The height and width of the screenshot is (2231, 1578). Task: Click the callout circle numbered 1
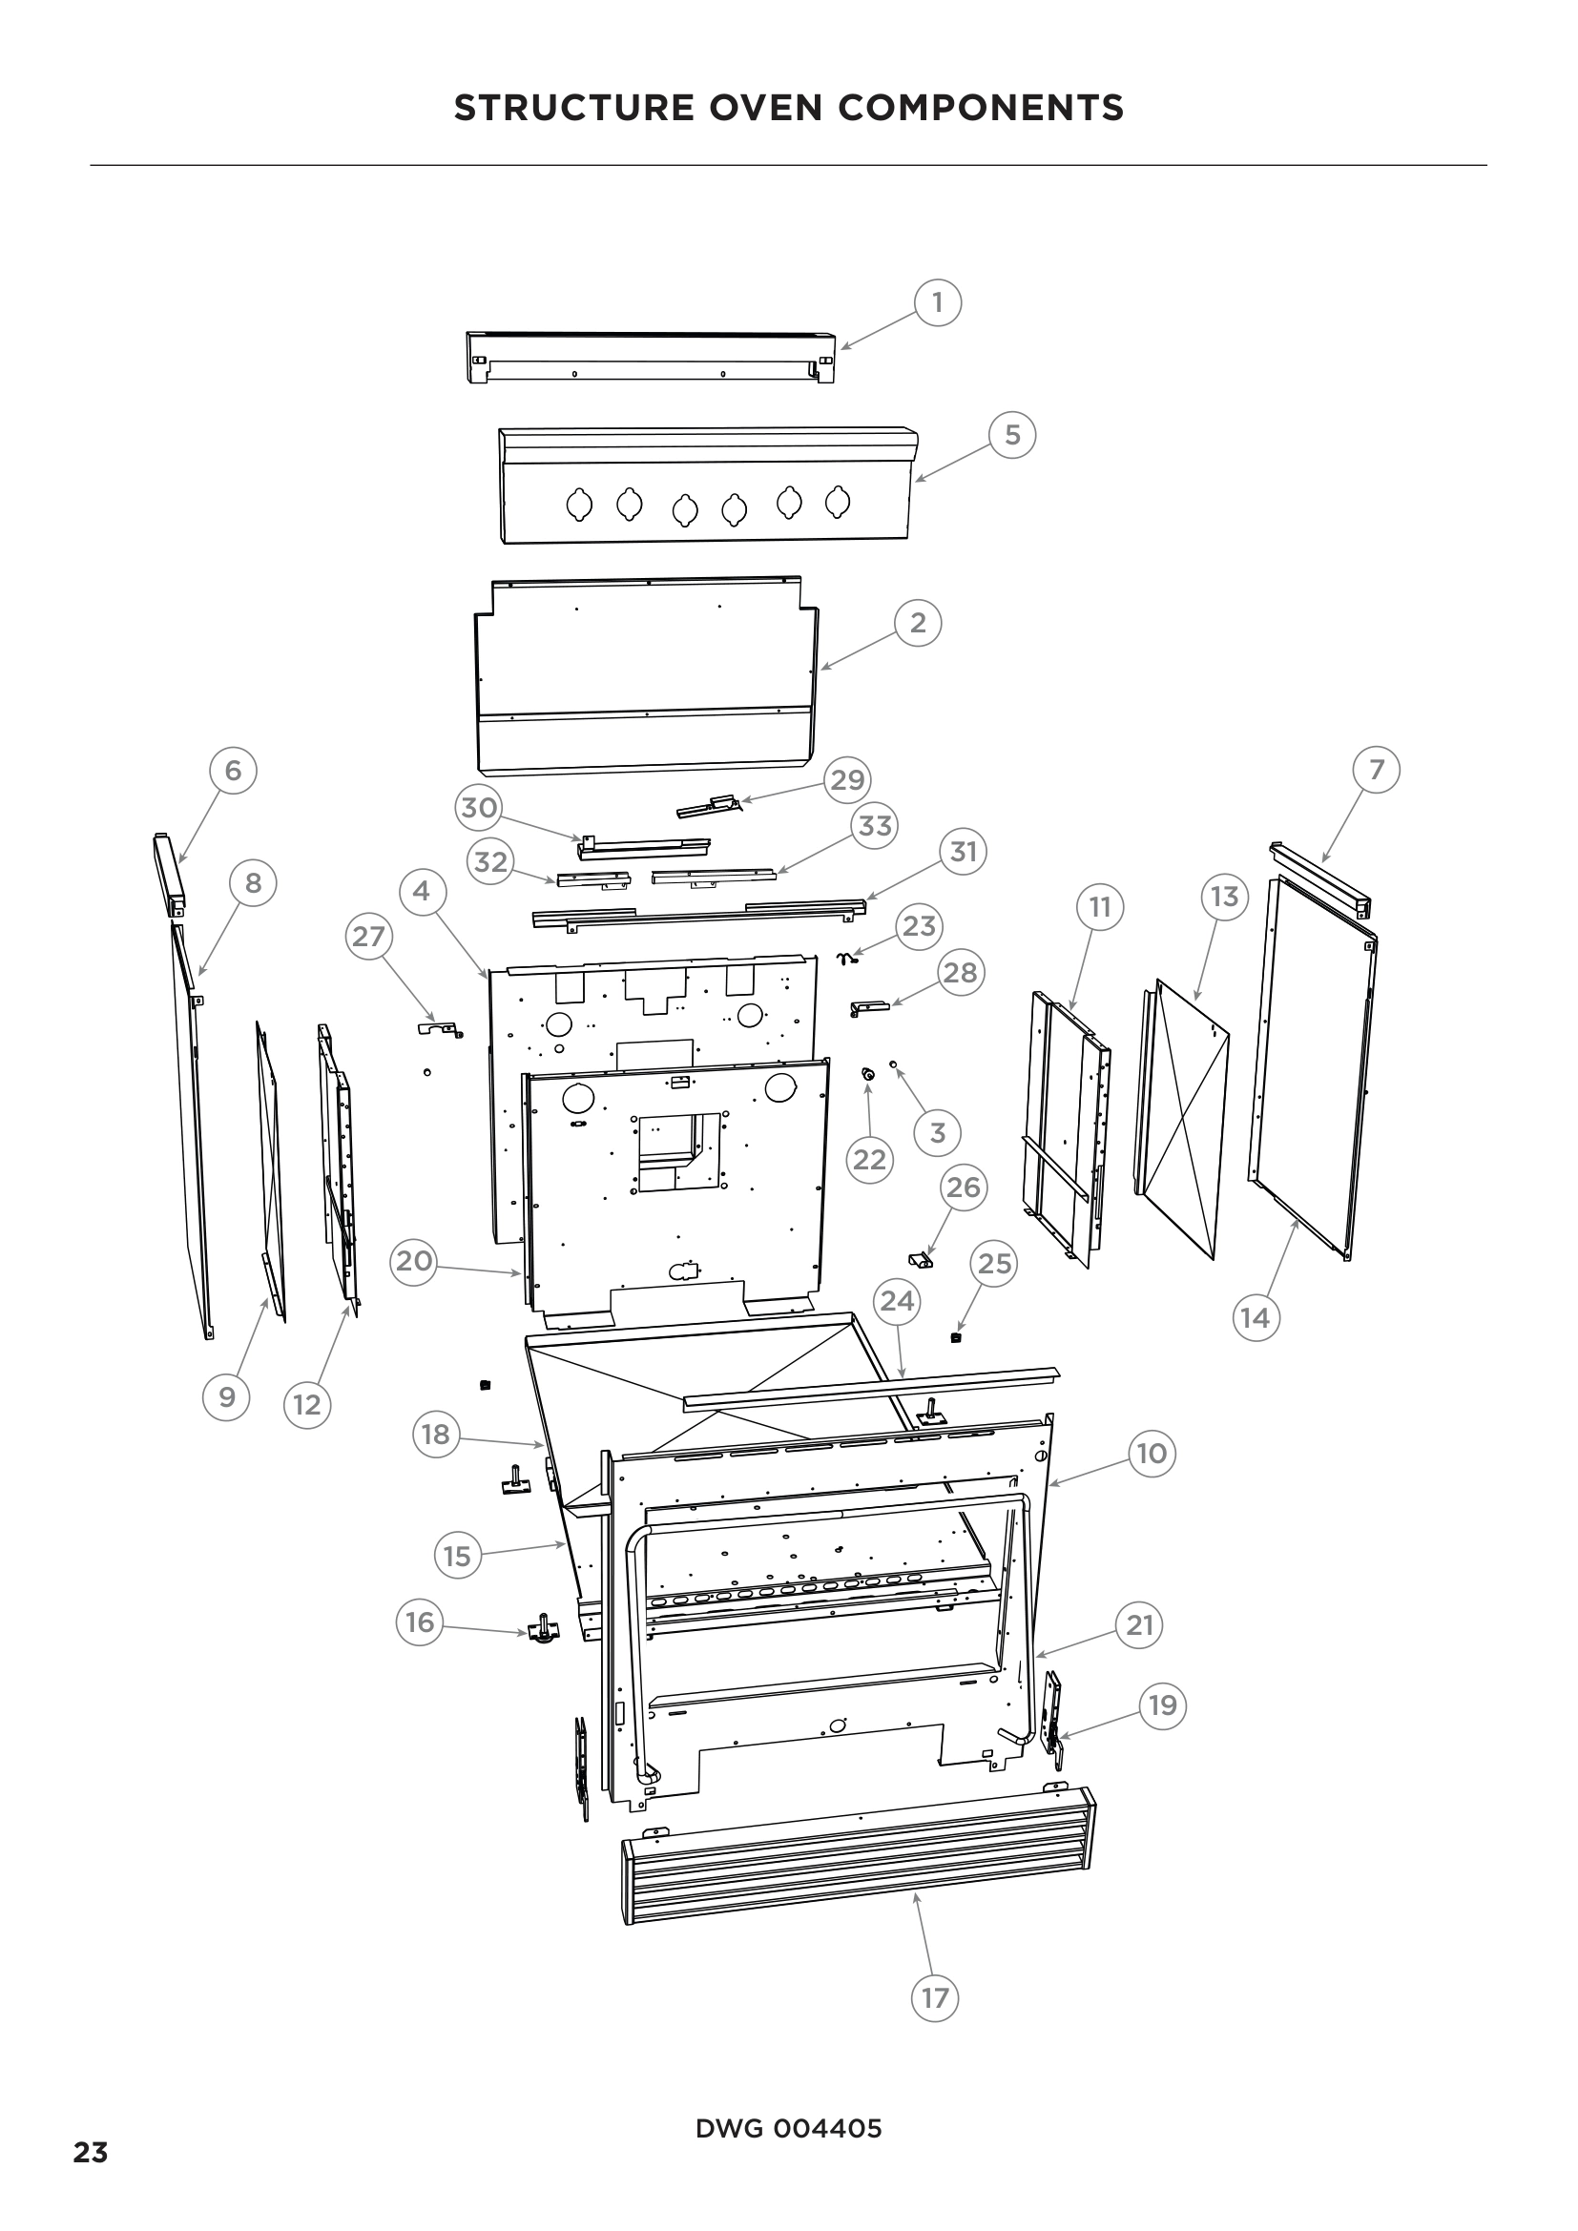click(x=937, y=303)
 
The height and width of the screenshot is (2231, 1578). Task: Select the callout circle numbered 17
click(x=935, y=1998)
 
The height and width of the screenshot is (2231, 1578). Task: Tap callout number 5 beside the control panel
click(x=1012, y=434)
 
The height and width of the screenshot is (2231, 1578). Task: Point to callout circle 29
click(x=847, y=779)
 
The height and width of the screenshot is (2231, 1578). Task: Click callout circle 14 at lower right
click(x=1256, y=1317)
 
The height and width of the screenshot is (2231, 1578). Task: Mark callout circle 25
click(x=994, y=1263)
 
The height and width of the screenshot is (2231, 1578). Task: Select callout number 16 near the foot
click(x=420, y=1622)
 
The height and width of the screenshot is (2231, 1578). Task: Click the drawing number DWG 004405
click(x=788, y=2129)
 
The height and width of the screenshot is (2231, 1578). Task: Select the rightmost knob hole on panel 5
click(x=838, y=503)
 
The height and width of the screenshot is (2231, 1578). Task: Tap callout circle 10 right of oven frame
click(x=1152, y=1454)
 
